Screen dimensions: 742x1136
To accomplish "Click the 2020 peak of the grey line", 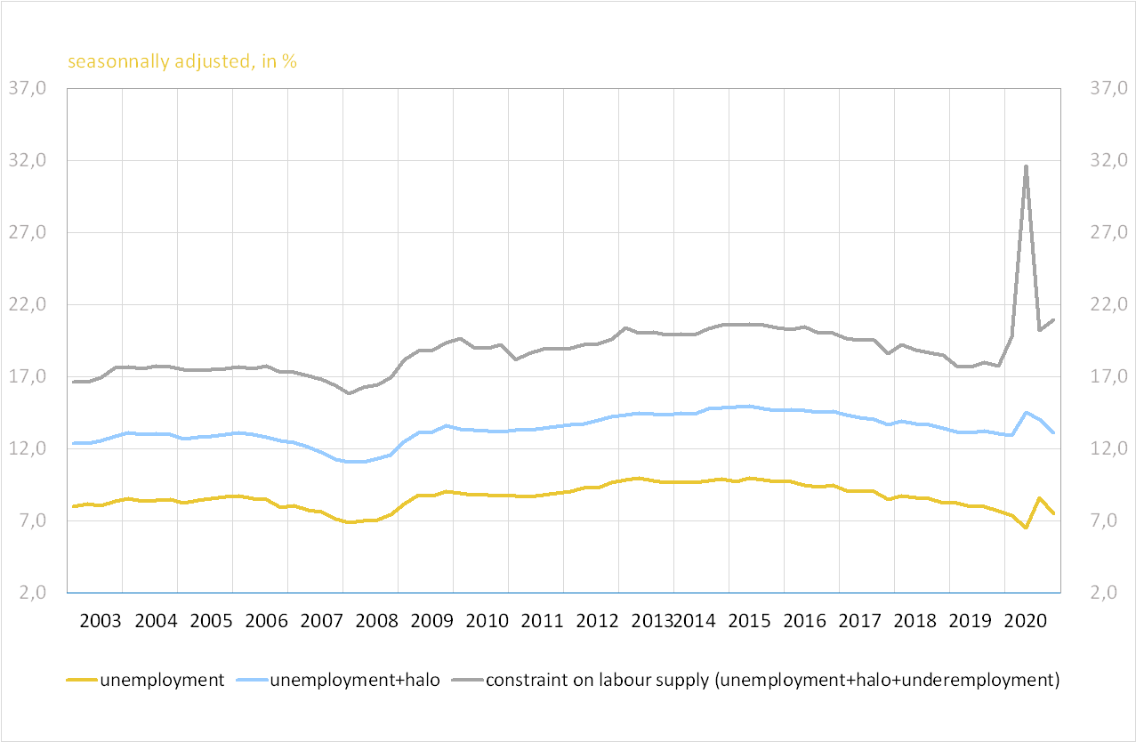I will click(x=1026, y=166).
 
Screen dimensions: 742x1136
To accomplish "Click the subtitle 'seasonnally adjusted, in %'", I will click(x=182, y=62).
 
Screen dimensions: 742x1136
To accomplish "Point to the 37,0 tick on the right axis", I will click(x=1108, y=88).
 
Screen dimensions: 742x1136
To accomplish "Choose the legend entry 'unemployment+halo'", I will click(x=354, y=681).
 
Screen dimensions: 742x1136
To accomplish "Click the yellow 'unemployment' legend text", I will click(x=162, y=681).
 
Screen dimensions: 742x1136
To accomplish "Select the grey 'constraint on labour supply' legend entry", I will click(x=772, y=681).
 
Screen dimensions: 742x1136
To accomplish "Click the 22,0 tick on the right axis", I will click(x=1108, y=305).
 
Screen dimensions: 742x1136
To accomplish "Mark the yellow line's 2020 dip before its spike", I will click(x=1026, y=528).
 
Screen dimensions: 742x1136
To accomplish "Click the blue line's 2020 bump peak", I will click(x=1026, y=413).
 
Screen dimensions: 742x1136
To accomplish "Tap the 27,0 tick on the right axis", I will click(x=1108, y=233).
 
